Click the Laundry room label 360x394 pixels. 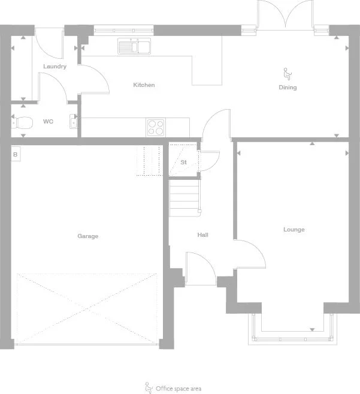coord(55,67)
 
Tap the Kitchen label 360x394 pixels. coord(144,85)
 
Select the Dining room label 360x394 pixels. coord(288,88)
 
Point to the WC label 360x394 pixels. coord(48,121)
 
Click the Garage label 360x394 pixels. coord(87,236)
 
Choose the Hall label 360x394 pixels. coord(202,235)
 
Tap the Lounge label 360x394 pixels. coord(294,230)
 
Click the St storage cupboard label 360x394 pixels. coord(183,162)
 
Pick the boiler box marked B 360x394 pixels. coord(15,154)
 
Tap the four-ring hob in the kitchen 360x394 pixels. coord(156,127)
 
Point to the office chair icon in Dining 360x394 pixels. coord(287,74)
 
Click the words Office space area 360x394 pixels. coord(179,389)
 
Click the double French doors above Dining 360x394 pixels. coord(286,15)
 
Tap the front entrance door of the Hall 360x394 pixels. coord(200,269)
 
